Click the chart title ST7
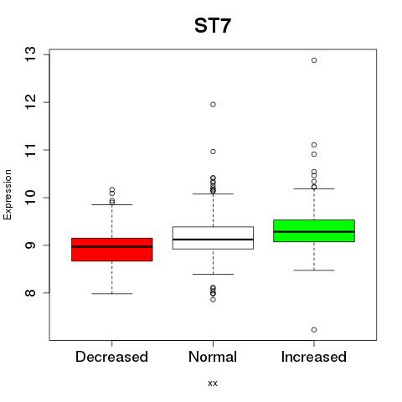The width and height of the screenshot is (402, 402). click(213, 26)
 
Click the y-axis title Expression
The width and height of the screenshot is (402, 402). click(8, 194)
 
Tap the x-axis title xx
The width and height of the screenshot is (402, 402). click(213, 384)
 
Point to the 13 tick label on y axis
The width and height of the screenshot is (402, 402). click(31, 54)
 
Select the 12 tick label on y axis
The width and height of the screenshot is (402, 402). click(31, 102)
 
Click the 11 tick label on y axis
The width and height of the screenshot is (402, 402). click(31, 150)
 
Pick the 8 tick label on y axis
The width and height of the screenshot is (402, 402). click(31, 293)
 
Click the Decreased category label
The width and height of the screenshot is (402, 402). click(111, 357)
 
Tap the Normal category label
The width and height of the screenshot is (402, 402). click(213, 357)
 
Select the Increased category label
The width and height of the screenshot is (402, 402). click(314, 357)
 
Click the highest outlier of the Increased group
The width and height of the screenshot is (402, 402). click(314, 60)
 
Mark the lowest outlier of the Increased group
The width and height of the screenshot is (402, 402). click(314, 330)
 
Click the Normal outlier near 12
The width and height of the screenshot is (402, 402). click(213, 105)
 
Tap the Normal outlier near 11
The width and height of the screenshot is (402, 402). click(213, 152)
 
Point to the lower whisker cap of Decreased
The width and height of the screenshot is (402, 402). click(112, 294)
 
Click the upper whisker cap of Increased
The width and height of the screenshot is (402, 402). click(314, 188)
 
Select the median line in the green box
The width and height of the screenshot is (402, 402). click(314, 232)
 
